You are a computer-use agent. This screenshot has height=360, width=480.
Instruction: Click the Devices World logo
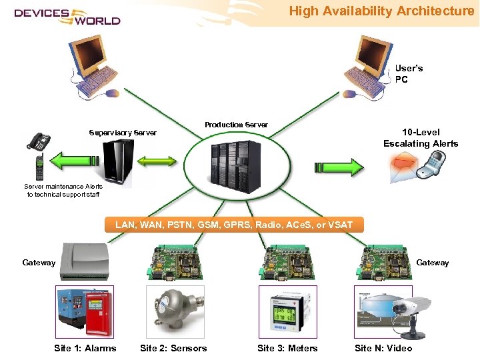pos(67,16)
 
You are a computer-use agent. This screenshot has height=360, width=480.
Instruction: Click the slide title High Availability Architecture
pos(381,11)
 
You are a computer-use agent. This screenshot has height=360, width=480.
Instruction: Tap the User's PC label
pos(409,74)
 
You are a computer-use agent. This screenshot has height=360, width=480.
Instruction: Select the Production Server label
pos(236,125)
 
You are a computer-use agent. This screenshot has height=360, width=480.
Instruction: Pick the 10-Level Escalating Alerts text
pos(421,138)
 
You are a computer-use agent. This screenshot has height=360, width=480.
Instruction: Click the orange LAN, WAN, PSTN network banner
pos(234,225)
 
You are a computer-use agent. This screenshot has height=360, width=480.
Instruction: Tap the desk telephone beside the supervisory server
pos(37,141)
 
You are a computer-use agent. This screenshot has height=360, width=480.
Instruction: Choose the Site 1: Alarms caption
pos(85,348)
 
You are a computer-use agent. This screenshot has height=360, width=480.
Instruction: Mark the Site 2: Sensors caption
pos(173,348)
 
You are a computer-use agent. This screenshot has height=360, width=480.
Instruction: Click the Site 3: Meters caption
pos(287,348)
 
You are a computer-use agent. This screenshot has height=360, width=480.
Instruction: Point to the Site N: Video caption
pos(383,348)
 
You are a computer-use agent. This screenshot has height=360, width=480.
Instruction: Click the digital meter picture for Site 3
pos(287,311)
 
